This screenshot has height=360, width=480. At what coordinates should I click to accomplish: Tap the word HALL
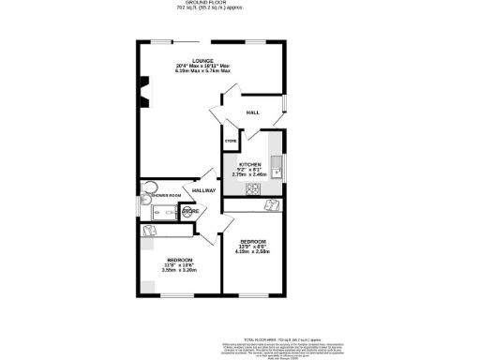coord(252,112)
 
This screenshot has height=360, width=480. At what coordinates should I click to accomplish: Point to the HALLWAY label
coord(203,191)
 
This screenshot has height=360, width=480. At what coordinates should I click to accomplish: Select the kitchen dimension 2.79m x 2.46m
coord(248,173)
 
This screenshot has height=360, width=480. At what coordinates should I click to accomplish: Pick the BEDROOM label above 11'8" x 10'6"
coord(179,259)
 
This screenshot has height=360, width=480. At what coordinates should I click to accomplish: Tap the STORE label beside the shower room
coord(189,212)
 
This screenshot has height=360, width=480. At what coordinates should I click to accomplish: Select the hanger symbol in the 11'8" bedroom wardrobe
coord(148,230)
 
